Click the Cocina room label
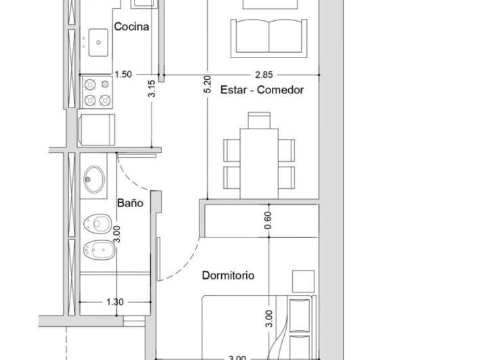pos(131,28)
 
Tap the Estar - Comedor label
pos(262,90)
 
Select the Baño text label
pos(130,203)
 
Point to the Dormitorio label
pos(228,276)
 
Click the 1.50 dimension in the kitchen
pos(123,74)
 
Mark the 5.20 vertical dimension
pos(208,84)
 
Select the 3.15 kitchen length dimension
pos(152,89)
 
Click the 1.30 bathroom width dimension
pos(115,302)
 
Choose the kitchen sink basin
pos(98,41)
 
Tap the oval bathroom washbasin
pos(93,181)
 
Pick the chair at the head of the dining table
pos(258,120)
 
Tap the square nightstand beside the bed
pos(303,280)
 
